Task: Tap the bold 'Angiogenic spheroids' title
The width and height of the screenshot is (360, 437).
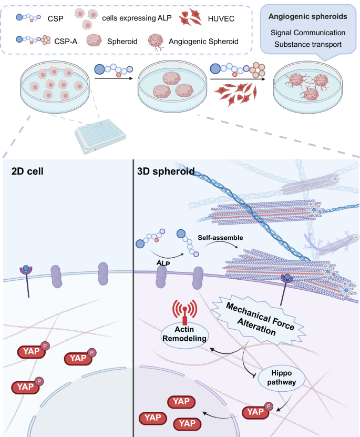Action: [x=307, y=17]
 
